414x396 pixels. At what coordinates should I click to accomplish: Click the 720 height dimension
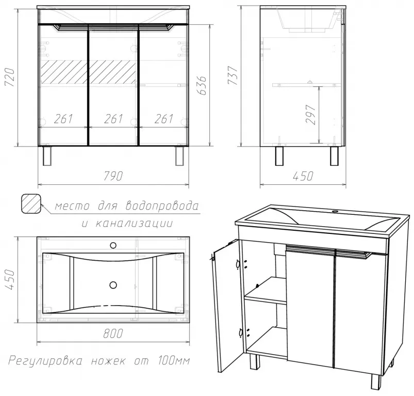(x=10, y=77)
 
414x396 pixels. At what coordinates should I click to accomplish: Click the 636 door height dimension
(x=202, y=85)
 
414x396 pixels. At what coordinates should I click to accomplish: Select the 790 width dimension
(x=113, y=176)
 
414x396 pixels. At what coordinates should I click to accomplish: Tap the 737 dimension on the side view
(x=233, y=75)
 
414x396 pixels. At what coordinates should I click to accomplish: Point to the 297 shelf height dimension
(x=310, y=115)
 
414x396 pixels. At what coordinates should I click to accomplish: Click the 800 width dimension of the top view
(x=113, y=334)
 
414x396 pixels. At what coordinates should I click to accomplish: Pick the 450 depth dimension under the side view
(x=303, y=176)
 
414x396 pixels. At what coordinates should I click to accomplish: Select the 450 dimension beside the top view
(x=10, y=279)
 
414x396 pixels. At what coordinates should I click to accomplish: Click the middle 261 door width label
(x=113, y=119)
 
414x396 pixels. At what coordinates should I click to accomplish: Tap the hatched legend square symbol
(x=31, y=204)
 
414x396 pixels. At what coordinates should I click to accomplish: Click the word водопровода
(x=162, y=205)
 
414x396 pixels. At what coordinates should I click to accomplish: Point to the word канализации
(x=134, y=224)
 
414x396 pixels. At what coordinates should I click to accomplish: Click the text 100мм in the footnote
(x=174, y=360)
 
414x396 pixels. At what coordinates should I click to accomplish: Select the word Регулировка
(x=45, y=360)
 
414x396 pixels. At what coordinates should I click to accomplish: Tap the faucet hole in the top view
(x=113, y=246)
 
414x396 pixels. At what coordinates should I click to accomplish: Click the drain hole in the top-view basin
(x=113, y=284)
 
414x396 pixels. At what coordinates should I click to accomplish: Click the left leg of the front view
(x=47, y=156)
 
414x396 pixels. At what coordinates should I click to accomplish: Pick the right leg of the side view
(x=334, y=156)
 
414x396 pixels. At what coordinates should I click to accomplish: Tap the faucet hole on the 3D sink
(x=336, y=211)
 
